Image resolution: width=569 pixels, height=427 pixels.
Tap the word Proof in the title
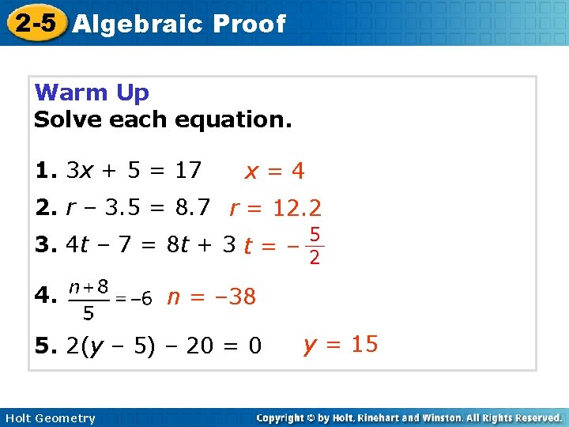pyautogui.click(x=249, y=24)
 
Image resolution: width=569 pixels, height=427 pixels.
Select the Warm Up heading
pyautogui.click(x=92, y=93)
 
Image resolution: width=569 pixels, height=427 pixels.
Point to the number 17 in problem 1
pyautogui.click(x=188, y=170)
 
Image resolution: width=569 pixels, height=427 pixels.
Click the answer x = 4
pyautogui.click(x=274, y=171)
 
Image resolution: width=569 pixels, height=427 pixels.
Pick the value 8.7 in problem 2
pyautogui.click(x=192, y=208)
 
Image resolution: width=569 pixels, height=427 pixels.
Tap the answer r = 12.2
pyautogui.click(x=275, y=209)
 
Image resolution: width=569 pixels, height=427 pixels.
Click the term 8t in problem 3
pyautogui.click(x=178, y=245)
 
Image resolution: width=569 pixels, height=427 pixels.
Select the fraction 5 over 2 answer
pyautogui.click(x=315, y=247)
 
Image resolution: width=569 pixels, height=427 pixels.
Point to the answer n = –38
pyautogui.click(x=211, y=297)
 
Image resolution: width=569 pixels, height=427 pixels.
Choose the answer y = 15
pyautogui.click(x=341, y=345)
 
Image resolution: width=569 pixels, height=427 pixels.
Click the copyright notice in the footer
pyautogui.click(x=409, y=418)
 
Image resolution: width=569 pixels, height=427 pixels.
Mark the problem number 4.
pyautogui.click(x=44, y=297)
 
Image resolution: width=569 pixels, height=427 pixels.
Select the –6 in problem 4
pyautogui.click(x=139, y=299)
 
